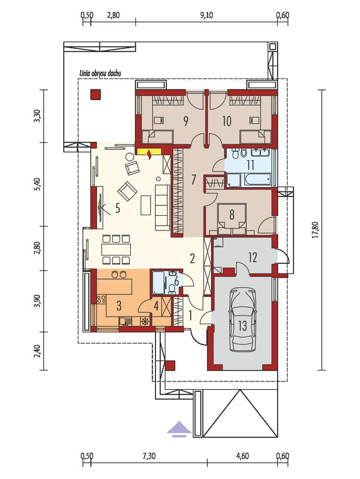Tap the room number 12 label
click(253, 258)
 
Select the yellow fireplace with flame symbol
click(149, 153)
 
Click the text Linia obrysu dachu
click(100, 74)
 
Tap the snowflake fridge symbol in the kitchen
click(145, 321)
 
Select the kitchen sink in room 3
click(125, 322)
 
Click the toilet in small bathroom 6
click(172, 288)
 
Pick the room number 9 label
click(185, 122)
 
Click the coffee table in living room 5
click(146, 205)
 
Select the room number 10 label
click(227, 122)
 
